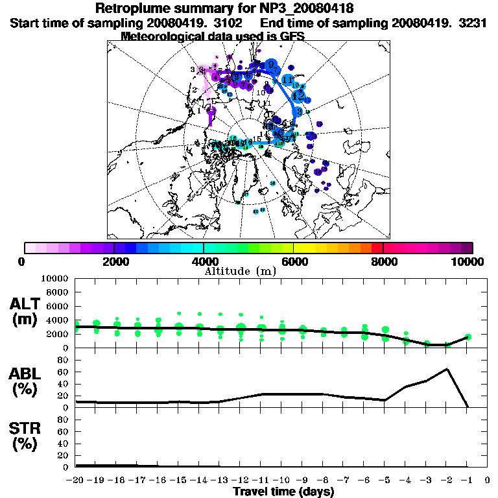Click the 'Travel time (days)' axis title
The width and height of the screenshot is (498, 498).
[x=283, y=492]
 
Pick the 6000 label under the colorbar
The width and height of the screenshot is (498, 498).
[x=294, y=261]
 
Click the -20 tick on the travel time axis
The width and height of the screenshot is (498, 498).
[x=75, y=480]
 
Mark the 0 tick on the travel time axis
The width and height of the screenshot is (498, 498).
[x=488, y=480]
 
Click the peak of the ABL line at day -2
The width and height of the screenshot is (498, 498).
[x=447, y=369]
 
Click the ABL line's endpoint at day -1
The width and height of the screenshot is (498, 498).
[x=468, y=407]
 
